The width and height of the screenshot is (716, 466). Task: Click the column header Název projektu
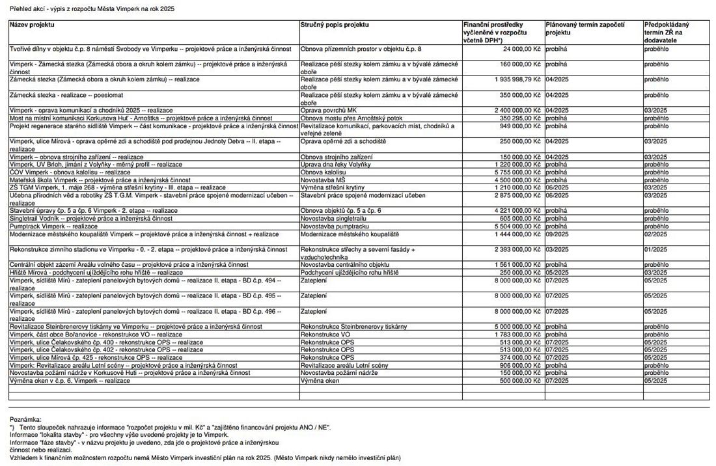pyautogui.click(x=32, y=24)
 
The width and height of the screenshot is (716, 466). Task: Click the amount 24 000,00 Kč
pyautogui.click(x=521, y=49)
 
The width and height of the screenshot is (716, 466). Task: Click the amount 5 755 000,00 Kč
pyautogui.click(x=514, y=172)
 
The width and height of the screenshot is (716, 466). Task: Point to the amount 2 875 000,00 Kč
pyautogui.click(x=514, y=195)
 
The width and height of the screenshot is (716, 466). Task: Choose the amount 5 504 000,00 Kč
pyautogui.click(x=514, y=226)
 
